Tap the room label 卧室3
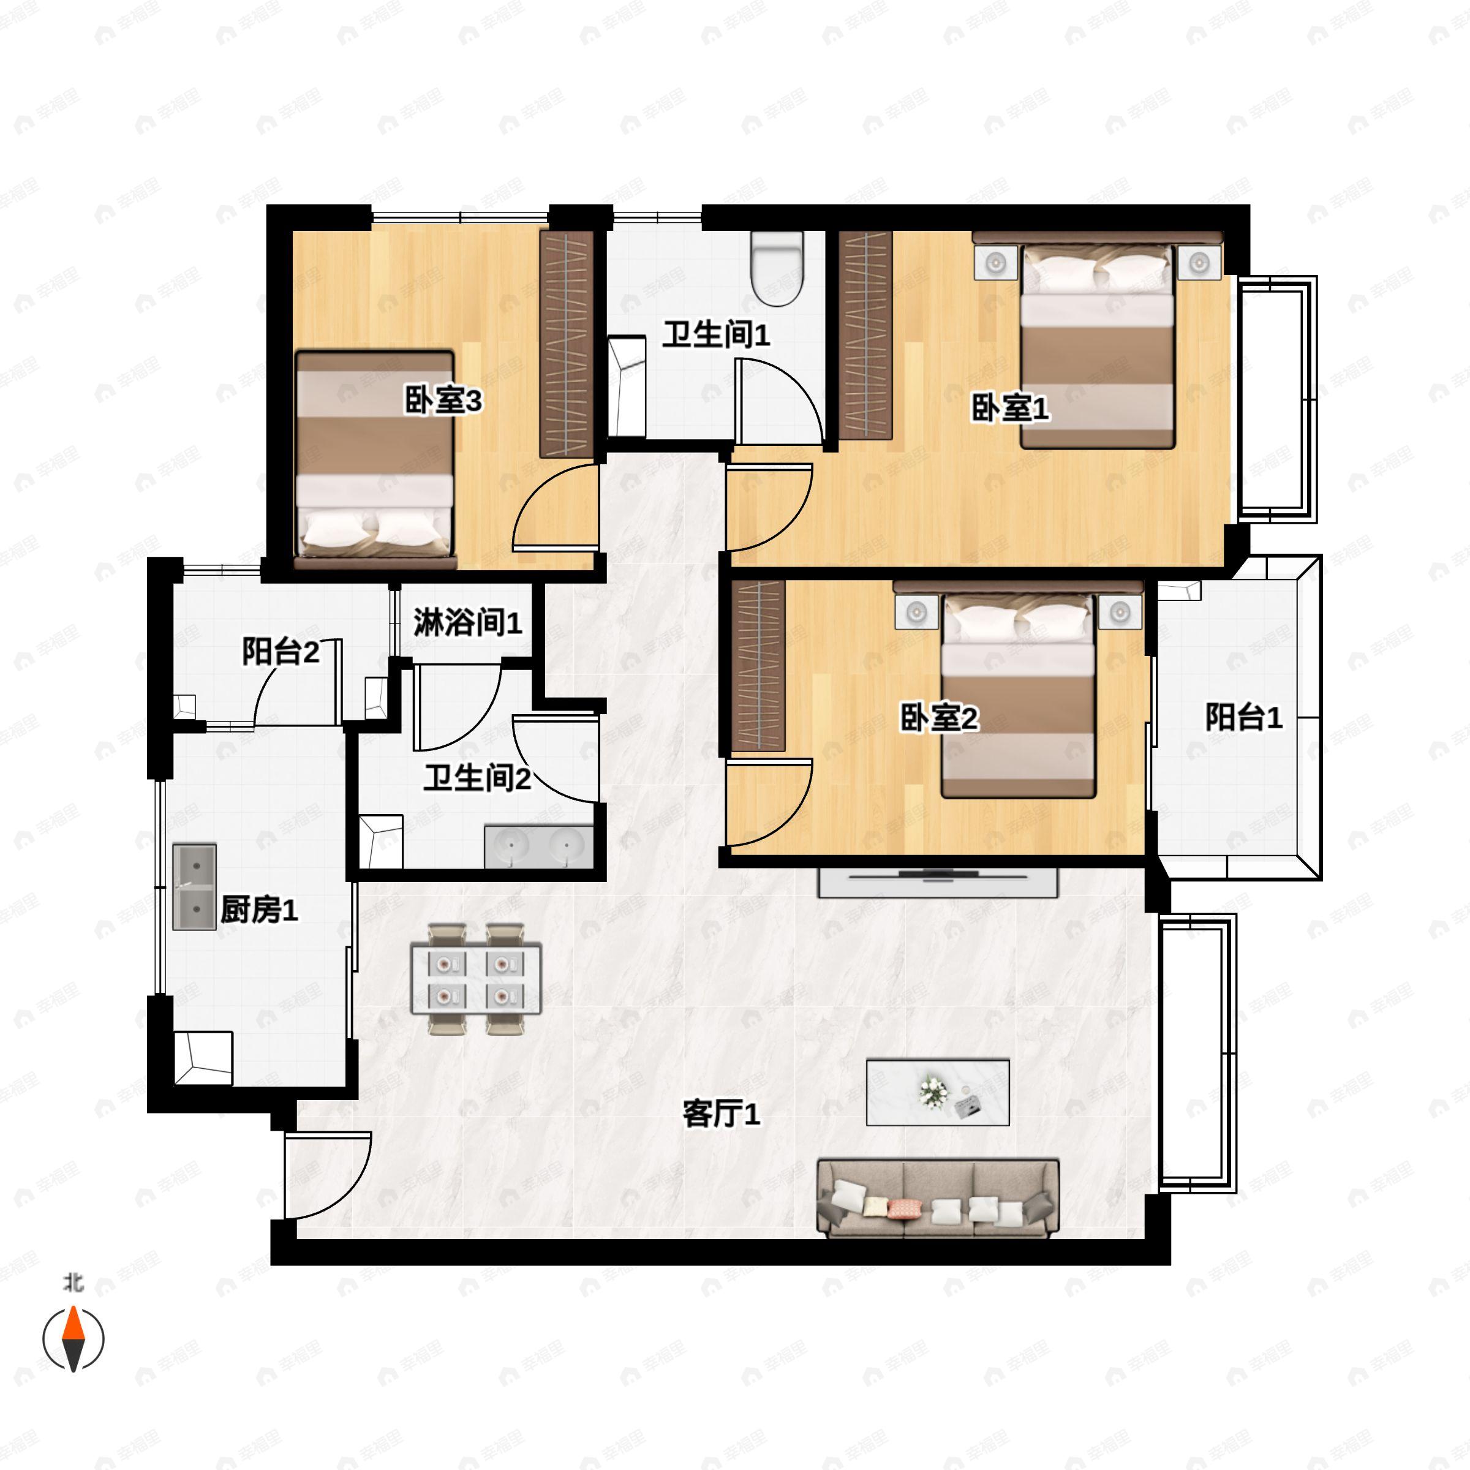(443, 400)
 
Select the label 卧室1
(1009, 409)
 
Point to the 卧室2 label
(938, 717)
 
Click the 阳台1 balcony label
(1243, 717)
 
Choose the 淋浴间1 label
(467, 622)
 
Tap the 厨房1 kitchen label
(258, 909)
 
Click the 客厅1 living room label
(720, 1114)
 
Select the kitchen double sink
(194, 886)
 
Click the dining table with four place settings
(475, 979)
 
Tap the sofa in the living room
(937, 1199)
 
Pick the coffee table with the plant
(937, 1093)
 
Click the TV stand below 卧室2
(937, 883)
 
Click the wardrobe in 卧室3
(567, 344)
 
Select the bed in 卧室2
(1018, 696)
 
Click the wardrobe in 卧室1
(865, 335)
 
